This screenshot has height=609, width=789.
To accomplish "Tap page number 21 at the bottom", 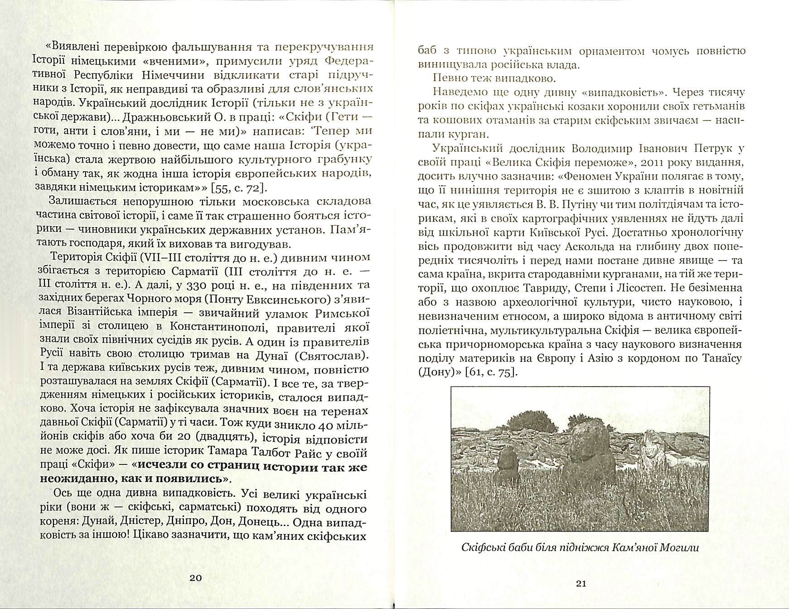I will point(581,584).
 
